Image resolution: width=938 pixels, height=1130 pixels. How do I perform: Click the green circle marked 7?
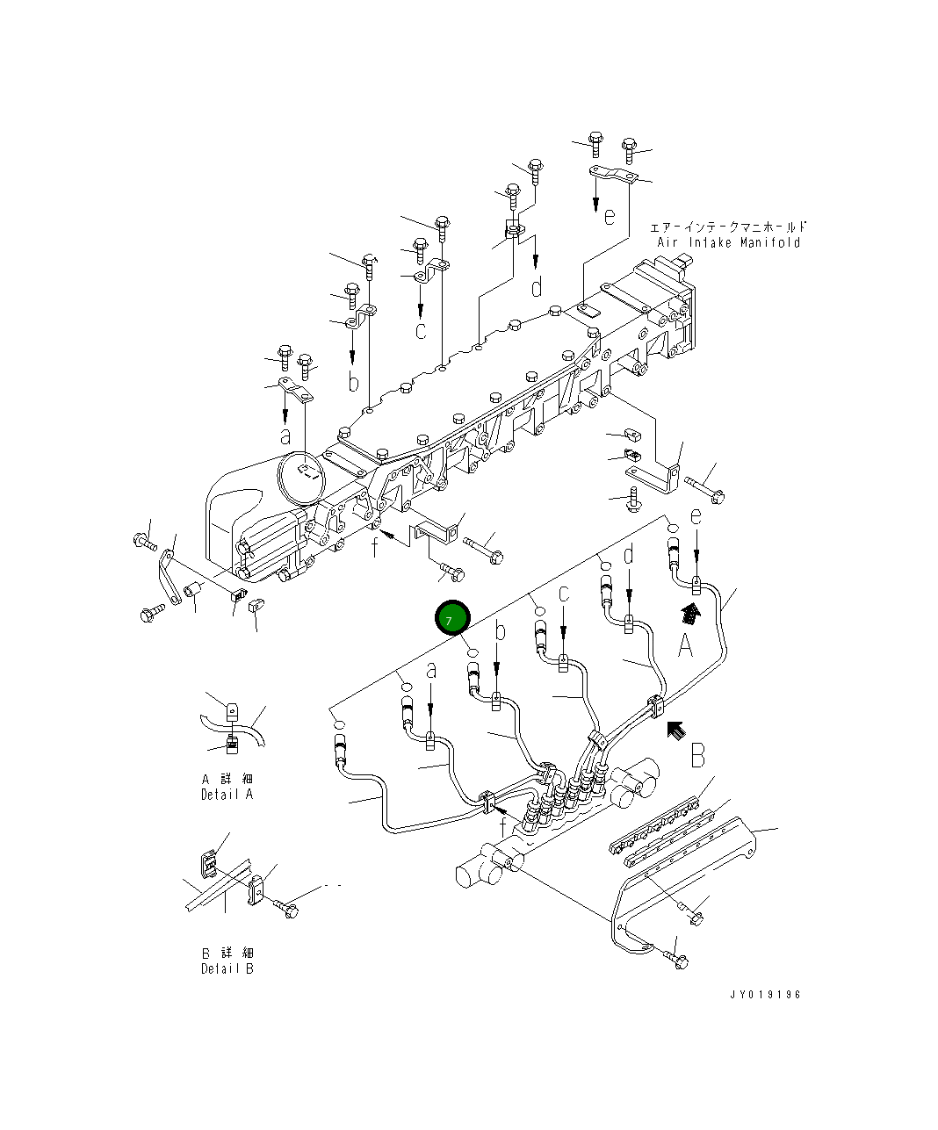[x=452, y=619]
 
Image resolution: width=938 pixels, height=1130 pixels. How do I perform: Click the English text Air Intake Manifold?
[x=728, y=243]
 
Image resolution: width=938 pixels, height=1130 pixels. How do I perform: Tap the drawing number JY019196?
[x=765, y=995]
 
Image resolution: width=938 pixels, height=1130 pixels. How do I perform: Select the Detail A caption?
[x=227, y=795]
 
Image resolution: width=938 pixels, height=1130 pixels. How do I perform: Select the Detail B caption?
[x=227, y=969]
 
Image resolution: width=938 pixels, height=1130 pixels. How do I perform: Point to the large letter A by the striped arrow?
[x=686, y=648]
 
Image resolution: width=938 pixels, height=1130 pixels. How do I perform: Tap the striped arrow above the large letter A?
[x=692, y=614]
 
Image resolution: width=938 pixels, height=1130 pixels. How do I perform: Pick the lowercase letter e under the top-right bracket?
[x=610, y=216]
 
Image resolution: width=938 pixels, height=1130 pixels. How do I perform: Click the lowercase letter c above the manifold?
[x=421, y=331]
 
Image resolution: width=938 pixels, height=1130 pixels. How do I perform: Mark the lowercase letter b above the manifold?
[x=352, y=383]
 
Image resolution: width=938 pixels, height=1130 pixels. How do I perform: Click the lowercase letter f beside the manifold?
[x=375, y=546]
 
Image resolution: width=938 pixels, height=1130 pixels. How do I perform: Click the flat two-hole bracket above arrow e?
[x=612, y=175]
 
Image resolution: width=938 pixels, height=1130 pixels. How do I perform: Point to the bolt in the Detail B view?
[x=287, y=908]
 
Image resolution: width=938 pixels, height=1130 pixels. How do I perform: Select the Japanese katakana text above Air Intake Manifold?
[x=728, y=227]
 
